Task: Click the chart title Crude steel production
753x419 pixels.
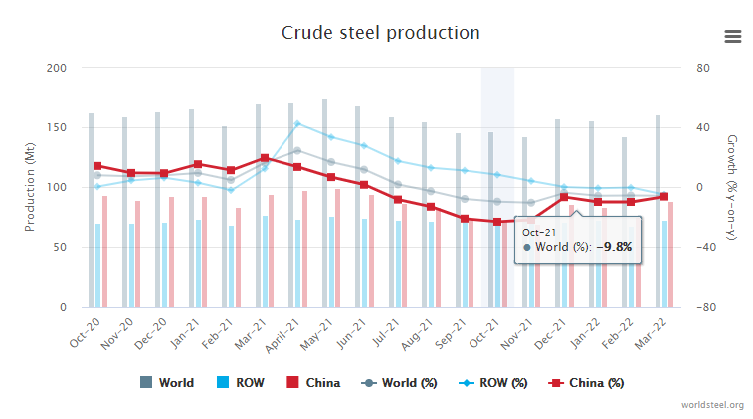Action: (x=380, y=33)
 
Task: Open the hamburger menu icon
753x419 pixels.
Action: (x=733, y=36)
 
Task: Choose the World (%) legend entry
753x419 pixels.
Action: (x=395, y=383)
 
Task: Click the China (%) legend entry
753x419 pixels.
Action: (x=589, y=383)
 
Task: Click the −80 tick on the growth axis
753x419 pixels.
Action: (x=706, y=308)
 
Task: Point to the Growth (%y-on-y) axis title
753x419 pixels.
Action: (x=733, y=187)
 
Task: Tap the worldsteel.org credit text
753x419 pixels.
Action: (x=712, y=405)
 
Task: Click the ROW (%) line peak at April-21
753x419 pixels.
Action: (x=297, y=124)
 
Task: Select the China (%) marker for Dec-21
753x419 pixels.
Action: (x=563, y=197)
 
